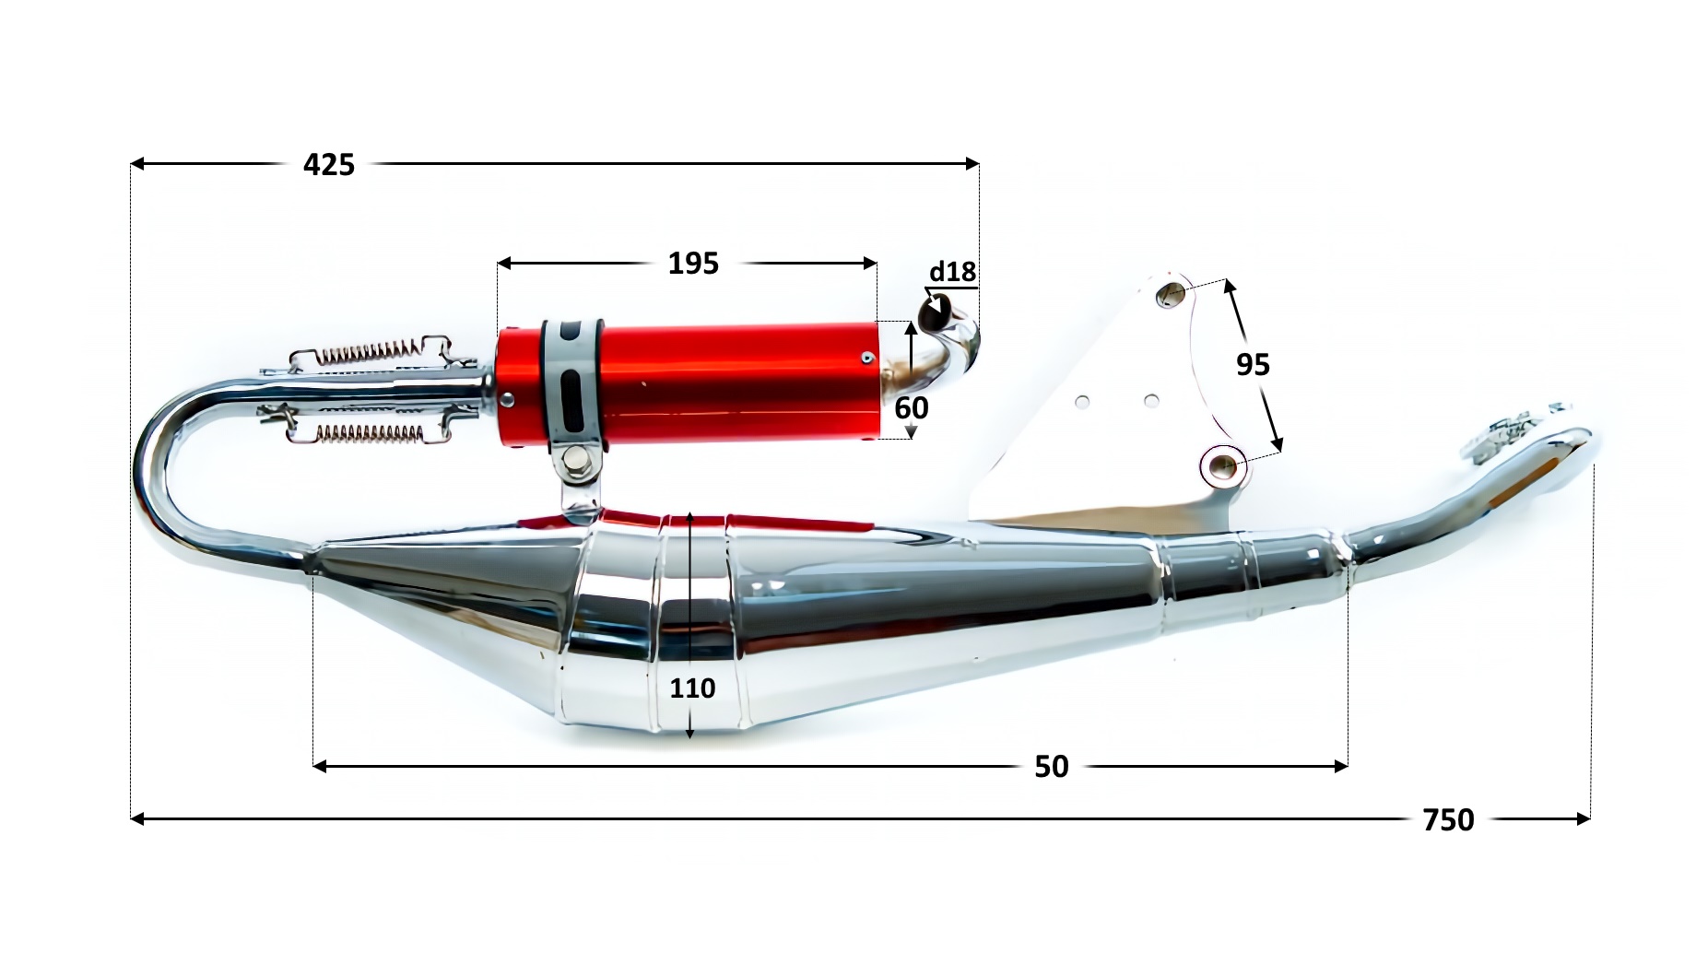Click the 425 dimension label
click(x=329, y=164)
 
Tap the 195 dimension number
click(x=693, y=264)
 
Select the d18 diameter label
click(x=952, y=272)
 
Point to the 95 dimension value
click(x=1253, y=365)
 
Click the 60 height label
click(x=912, y=407)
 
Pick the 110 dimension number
click(x=692, y=688)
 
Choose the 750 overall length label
click(x=1448, y=819)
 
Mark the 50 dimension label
click(x=1052, y=767)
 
